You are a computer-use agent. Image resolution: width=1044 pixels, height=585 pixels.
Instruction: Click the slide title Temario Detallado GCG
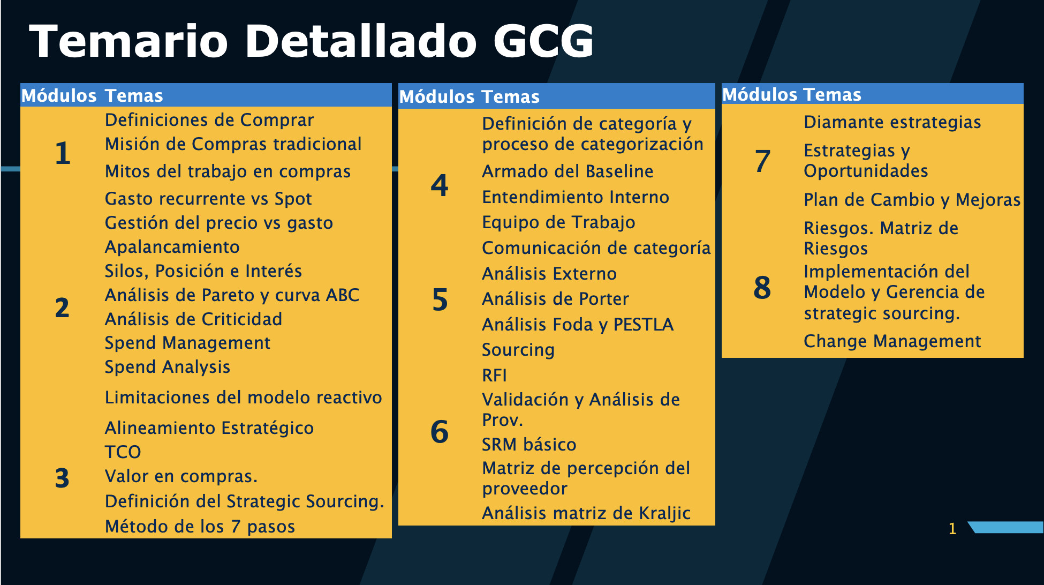(x=312, y=41)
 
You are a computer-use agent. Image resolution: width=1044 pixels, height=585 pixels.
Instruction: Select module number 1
(x=63, y=153)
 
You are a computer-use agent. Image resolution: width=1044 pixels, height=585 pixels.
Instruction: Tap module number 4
(x=440, y=185)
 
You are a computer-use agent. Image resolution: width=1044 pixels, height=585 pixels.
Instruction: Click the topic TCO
(x=123, y=452)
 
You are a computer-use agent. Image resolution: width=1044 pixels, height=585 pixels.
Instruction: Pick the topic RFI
(x=494, y=375)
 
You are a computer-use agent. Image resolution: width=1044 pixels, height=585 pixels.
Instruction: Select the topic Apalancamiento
(x=172, y=247)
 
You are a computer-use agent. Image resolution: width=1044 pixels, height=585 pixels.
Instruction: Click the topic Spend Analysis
(x=167, y=367)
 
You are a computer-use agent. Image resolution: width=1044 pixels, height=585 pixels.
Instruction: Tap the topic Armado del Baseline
(x=568, y=171)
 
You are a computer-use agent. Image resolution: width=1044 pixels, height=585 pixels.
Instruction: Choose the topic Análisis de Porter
(x=555, y=299)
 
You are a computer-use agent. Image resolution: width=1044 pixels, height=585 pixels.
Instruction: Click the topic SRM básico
(x=529, y=445)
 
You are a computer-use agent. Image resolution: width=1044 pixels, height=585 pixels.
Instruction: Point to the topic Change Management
(x=892, y=341)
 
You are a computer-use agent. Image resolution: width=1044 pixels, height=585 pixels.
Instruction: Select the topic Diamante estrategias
(x=892, y=122)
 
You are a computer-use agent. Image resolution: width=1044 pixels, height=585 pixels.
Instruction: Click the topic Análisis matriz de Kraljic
(x=586, y=513)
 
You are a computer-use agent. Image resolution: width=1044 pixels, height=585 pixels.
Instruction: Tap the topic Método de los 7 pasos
(x=200, y=527)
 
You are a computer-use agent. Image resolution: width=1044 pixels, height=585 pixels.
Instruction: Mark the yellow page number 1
(x=952, y=529)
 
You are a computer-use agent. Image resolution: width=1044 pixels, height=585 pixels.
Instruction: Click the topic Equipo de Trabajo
(x=558, y=222)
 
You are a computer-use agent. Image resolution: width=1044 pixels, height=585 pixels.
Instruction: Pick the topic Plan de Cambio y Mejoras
(x=912, y=200)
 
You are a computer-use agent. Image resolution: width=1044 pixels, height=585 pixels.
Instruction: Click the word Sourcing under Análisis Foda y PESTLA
(x=518, y=350)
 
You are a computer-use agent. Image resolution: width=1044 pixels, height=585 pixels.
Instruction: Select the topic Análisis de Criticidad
(x=193, y=319)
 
